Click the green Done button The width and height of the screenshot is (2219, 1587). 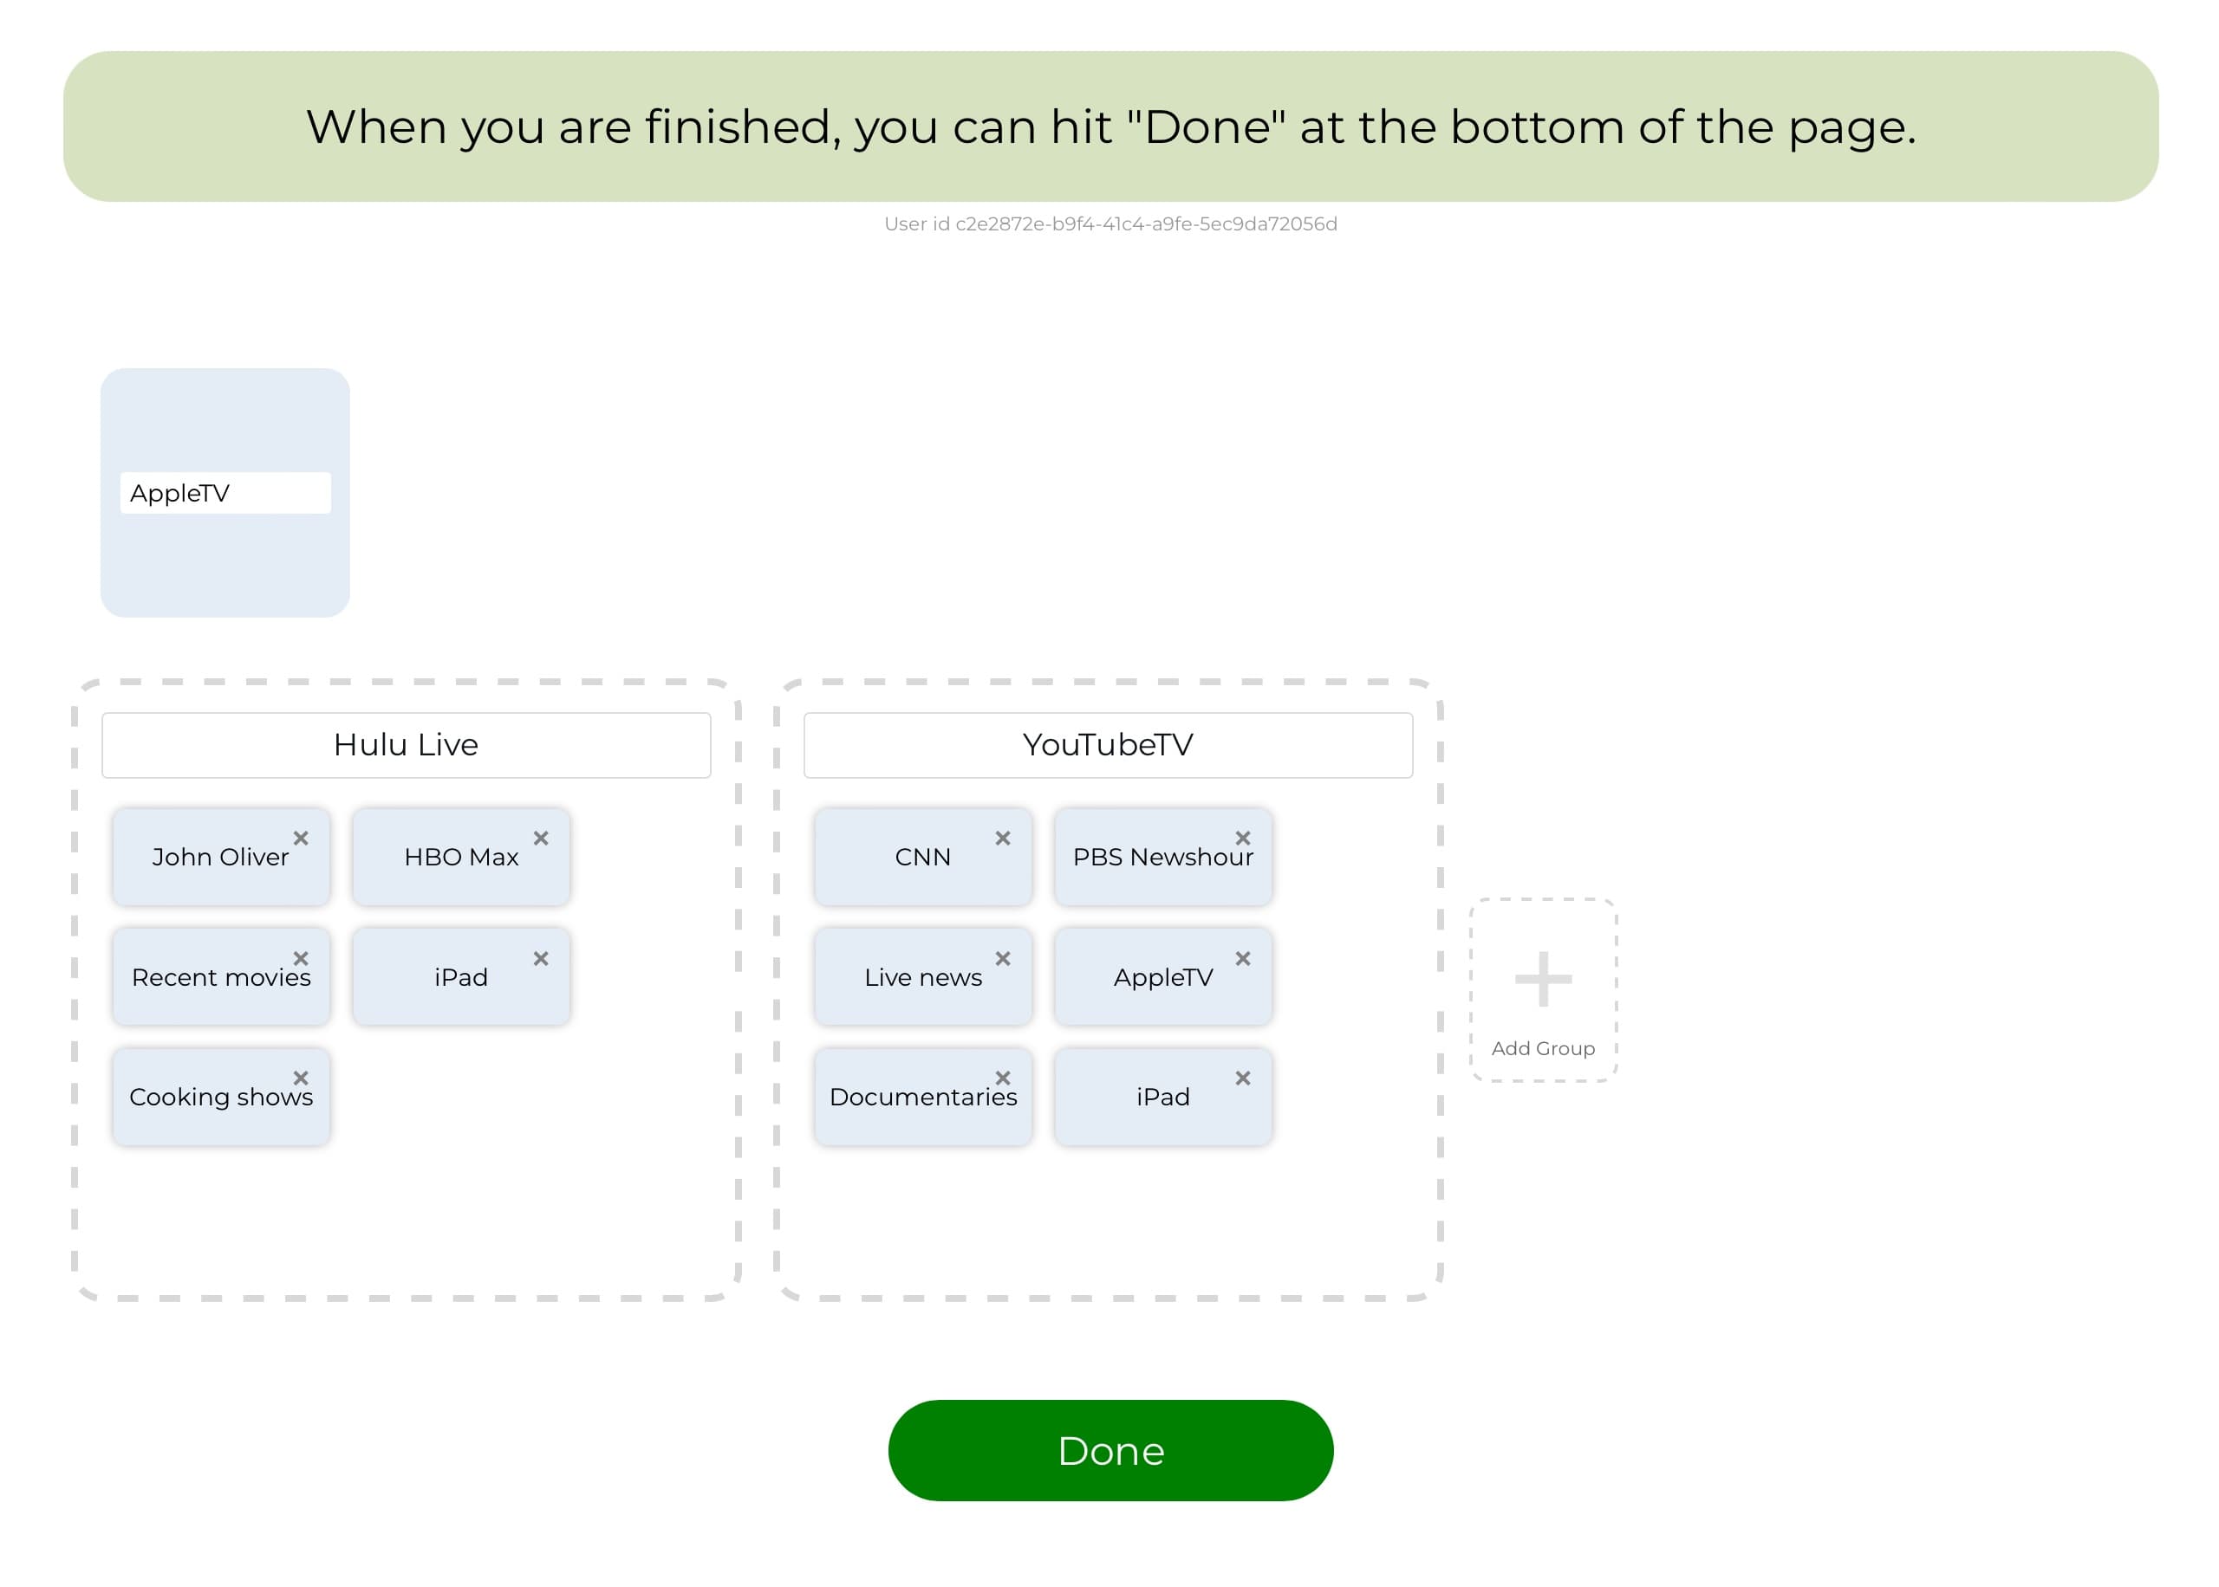point(1109,1450)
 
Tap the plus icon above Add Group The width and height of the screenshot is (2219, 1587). point(1543,978)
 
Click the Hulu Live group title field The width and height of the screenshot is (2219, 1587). point(406,745)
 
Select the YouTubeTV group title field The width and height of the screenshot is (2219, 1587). point(1108,745)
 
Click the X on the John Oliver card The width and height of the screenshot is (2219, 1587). point(301,839)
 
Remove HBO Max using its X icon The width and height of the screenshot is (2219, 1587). point(541,839)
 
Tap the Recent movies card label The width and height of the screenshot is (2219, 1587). point(221,977)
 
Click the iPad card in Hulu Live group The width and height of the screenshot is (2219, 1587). point(460,977)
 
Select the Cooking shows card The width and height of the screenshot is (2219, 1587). point(221,1097)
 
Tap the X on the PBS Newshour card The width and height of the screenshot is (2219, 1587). point(1242,839)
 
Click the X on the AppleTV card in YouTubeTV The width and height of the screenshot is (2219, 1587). point(1242,959)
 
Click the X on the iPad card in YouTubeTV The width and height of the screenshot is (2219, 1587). point(1242,1078)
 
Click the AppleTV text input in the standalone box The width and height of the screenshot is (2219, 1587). point(225,493)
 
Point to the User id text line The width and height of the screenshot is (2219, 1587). point(1109,223)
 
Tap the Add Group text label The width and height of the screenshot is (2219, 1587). point(1543,1048)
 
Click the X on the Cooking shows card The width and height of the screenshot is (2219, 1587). point(301,1078)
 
